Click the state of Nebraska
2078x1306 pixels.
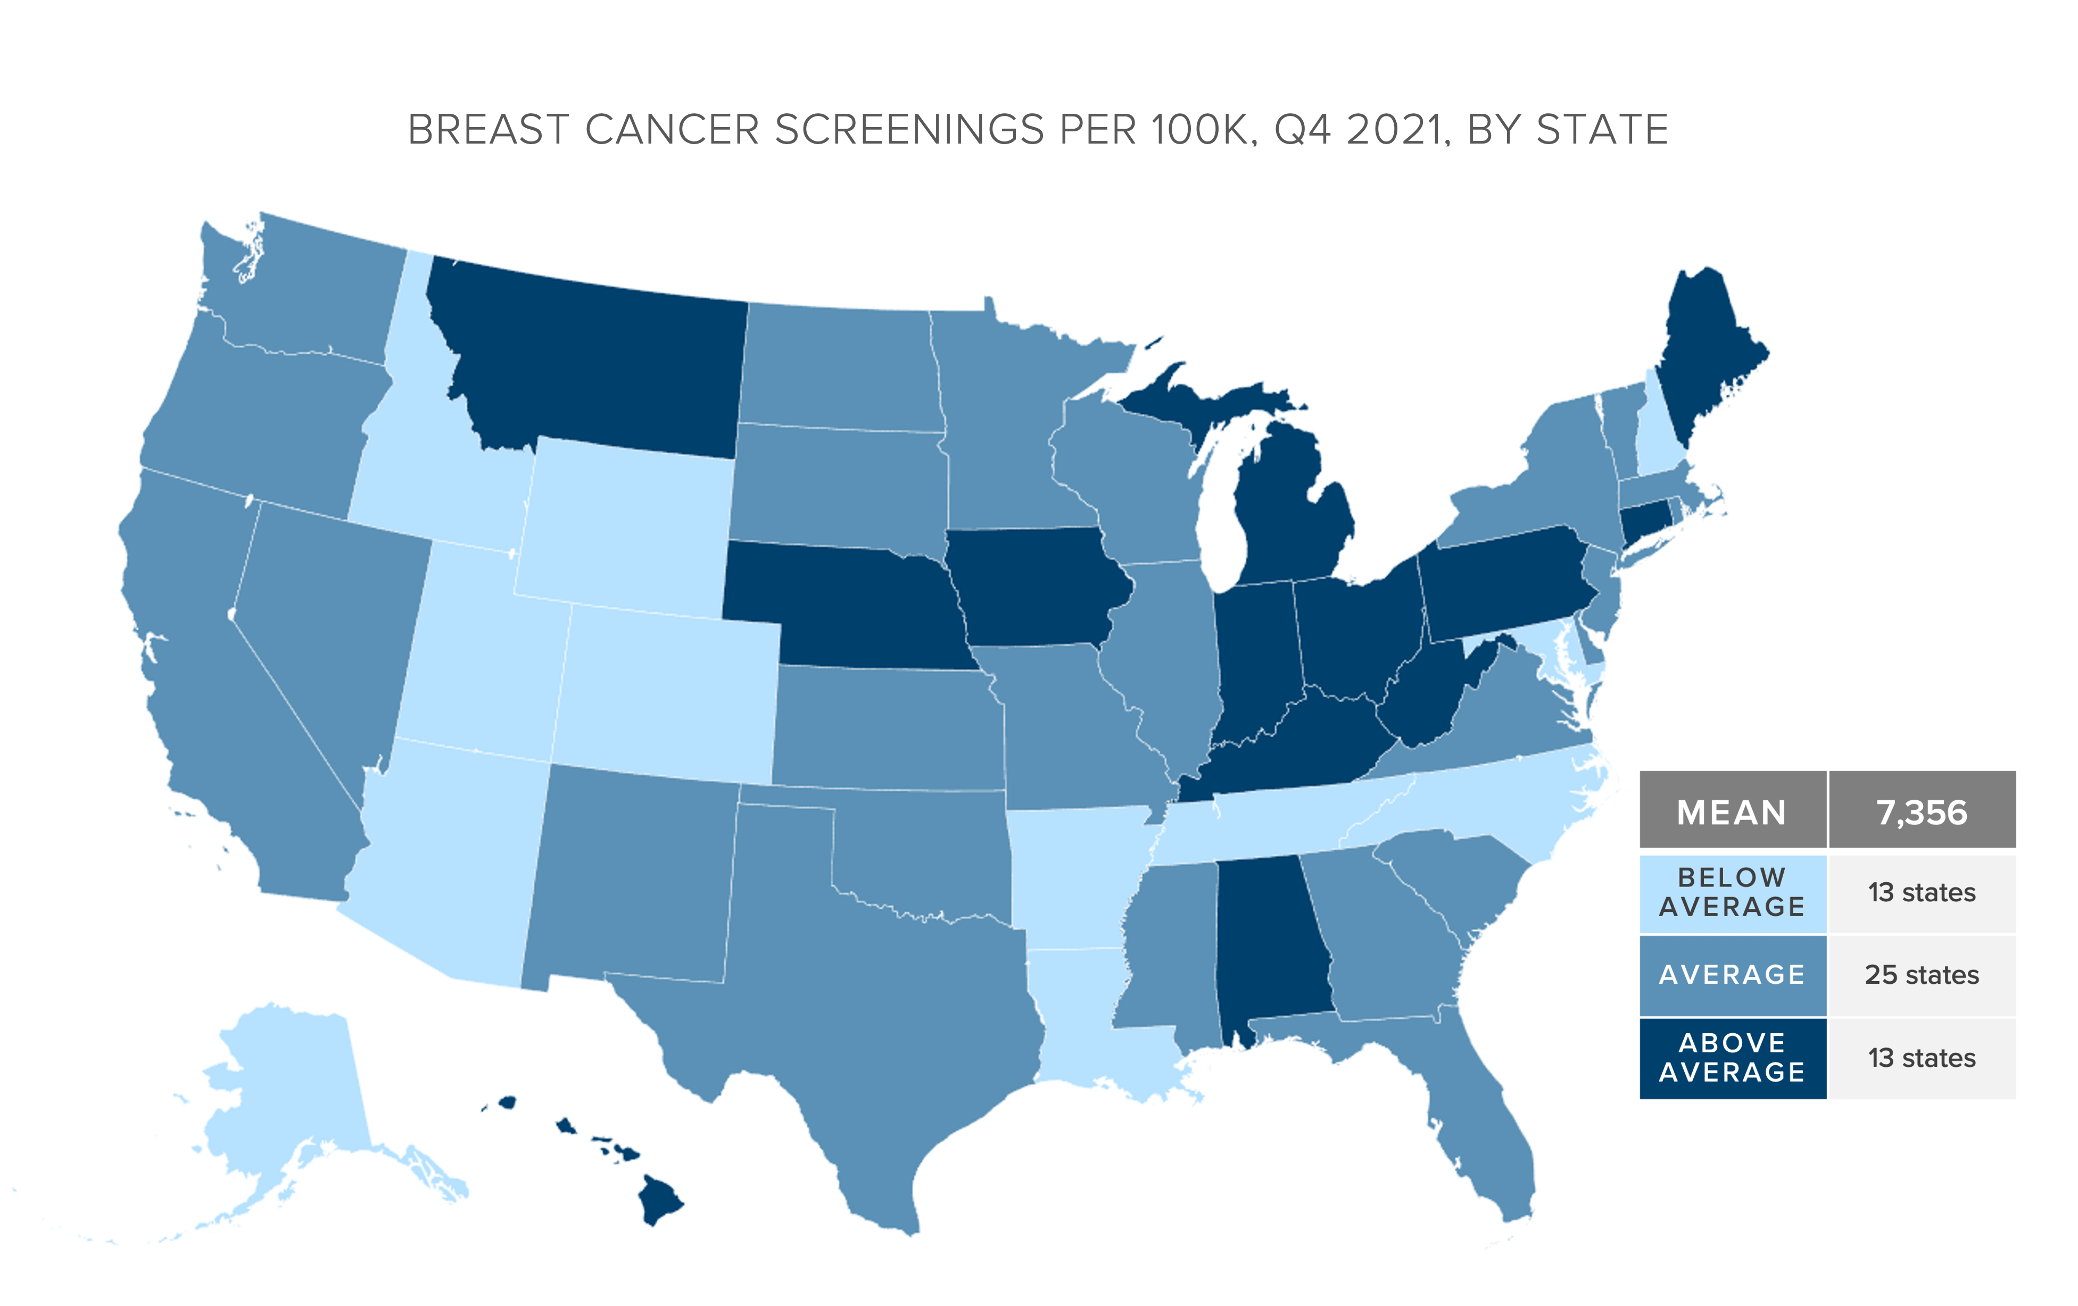click(846, 604)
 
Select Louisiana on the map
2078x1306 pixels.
click(1079, 1018)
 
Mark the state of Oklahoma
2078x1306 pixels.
click(923, 854)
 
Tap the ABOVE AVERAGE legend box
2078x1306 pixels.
click(1732, 1058)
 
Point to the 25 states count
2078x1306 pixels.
click(1922, 975)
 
